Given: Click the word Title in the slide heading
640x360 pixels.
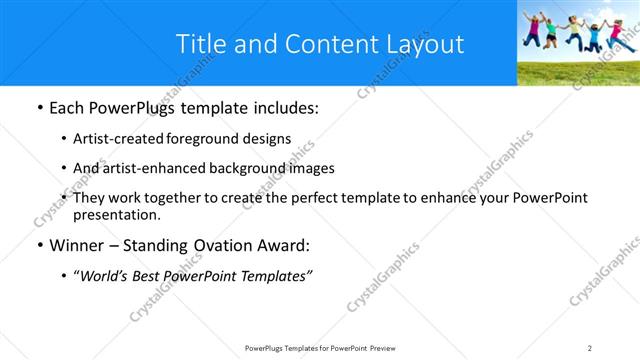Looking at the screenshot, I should point(199,44).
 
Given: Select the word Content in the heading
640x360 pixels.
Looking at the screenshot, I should point(322,44).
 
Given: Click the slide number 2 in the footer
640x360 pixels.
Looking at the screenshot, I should point(590,347).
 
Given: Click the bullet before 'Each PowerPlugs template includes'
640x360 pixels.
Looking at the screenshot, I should point(39,108).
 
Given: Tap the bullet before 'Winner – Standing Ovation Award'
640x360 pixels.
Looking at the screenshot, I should point(39,245).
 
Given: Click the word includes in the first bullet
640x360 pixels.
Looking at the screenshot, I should point(285,108).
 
